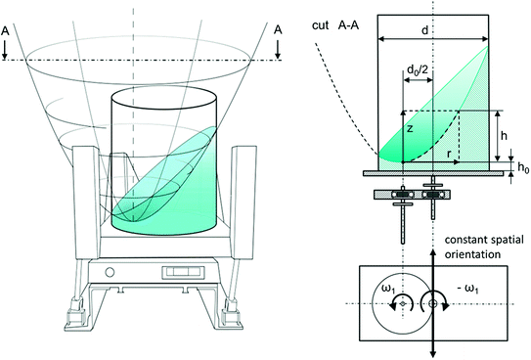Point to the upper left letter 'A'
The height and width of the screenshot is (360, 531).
click(16, 28)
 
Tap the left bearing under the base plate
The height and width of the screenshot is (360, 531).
click(402, 194)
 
